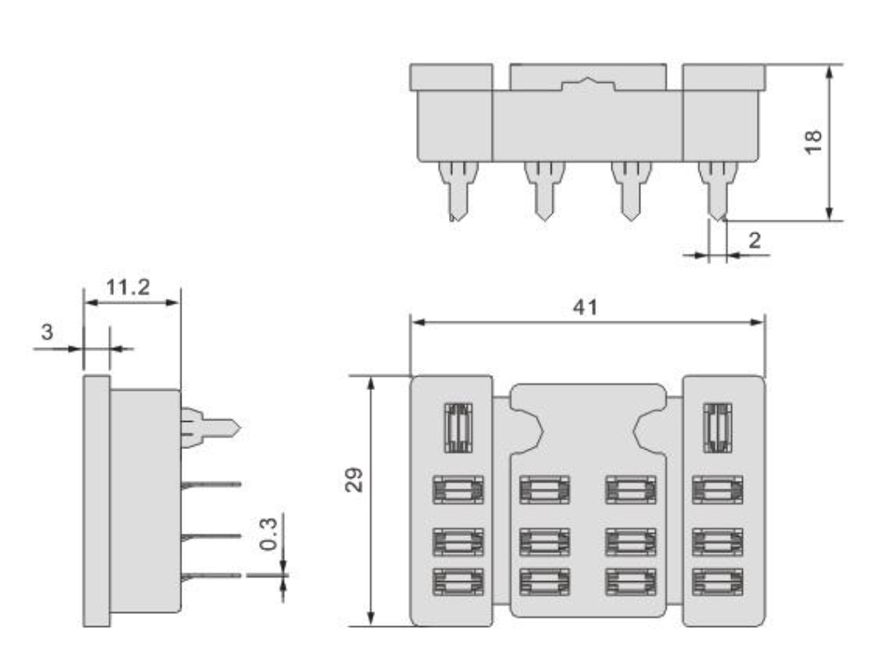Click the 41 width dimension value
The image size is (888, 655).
(586, 307)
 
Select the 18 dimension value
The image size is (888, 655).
(813, 141)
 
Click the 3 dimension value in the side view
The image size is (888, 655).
(48, 333)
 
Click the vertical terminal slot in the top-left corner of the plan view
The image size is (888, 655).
(457, 428)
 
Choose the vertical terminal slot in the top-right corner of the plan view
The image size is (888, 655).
(718, 428)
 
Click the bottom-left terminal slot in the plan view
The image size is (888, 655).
(458, 581)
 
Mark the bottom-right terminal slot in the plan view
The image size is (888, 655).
(718, 581)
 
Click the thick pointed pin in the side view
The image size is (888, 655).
(210, 427)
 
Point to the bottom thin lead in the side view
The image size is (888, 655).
(211, 575)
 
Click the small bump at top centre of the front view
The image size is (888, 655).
(588, 84)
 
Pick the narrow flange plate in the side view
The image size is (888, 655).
(96, 501)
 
